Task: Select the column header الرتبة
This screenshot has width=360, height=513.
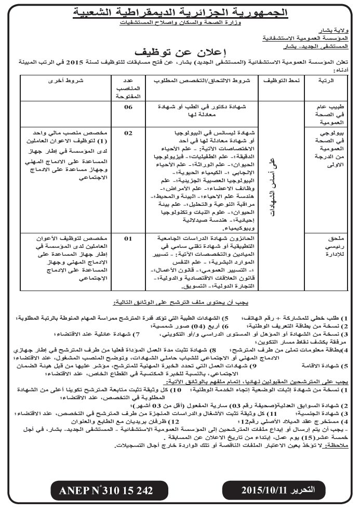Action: [324, 82]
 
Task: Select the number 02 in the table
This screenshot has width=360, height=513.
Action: [128, 133]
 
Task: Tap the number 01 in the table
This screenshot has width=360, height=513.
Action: [128, 238]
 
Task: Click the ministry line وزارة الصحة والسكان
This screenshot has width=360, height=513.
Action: [180, 24]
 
